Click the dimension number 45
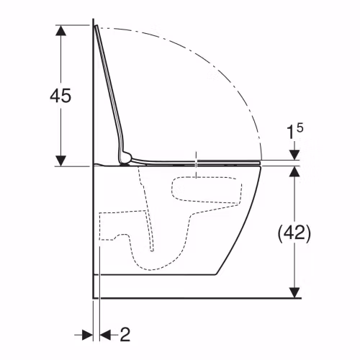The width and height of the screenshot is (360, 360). (60, 96)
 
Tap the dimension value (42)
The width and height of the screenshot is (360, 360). (294, 232)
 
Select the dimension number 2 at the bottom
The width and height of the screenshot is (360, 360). (125, 334)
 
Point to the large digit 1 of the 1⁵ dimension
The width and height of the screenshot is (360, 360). (290, 132)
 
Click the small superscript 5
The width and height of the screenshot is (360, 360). (300, 127)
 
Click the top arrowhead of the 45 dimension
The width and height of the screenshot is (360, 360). (60, 30)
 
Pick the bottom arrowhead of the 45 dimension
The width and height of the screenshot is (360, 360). (60, 161)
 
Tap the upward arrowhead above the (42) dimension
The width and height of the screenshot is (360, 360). (294, 171)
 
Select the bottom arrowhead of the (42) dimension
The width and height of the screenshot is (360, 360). (294, 292)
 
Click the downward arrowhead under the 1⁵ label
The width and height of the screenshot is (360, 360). (294, 155)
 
